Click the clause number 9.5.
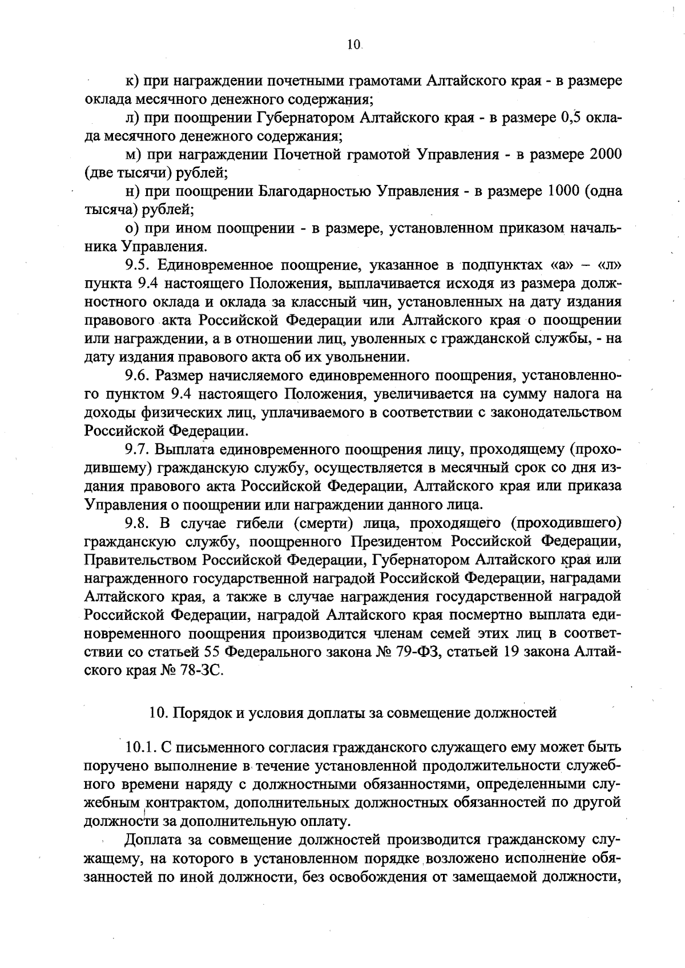[x=138, y=265]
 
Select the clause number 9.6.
[x=138, y=376]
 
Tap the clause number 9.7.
[x=138, y=450]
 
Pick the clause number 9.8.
[x=138, y=523]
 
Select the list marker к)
[x=132, y=82]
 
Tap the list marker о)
[x=132, y=228]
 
